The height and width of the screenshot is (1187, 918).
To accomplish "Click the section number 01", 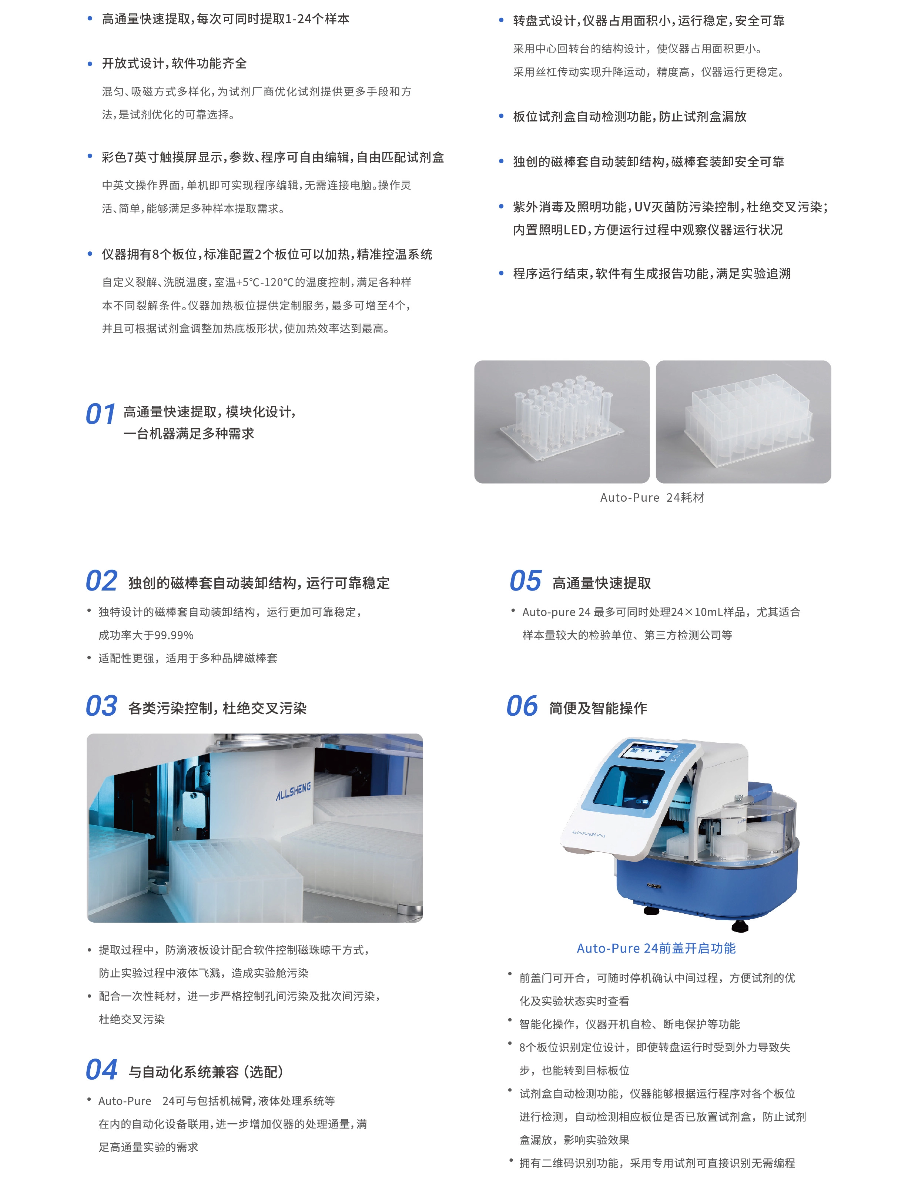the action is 101,414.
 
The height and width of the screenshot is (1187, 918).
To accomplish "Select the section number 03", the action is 102,706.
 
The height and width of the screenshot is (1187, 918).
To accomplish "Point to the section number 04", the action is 102,1070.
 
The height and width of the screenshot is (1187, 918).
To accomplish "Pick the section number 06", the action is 522,706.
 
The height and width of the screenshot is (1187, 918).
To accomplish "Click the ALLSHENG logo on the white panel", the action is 294,791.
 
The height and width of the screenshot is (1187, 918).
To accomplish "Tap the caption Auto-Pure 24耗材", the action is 652,497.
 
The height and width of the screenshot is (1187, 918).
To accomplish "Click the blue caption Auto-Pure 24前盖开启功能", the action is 656,949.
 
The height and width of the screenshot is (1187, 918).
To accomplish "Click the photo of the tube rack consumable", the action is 562,422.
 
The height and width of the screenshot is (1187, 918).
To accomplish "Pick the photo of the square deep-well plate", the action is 743,422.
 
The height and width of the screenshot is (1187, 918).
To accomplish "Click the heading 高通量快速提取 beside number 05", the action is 602,583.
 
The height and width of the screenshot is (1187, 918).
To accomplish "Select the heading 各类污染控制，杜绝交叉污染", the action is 217,708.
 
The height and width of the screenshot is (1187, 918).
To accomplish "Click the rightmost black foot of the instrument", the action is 740,926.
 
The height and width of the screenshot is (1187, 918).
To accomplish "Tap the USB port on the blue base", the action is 654,886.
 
